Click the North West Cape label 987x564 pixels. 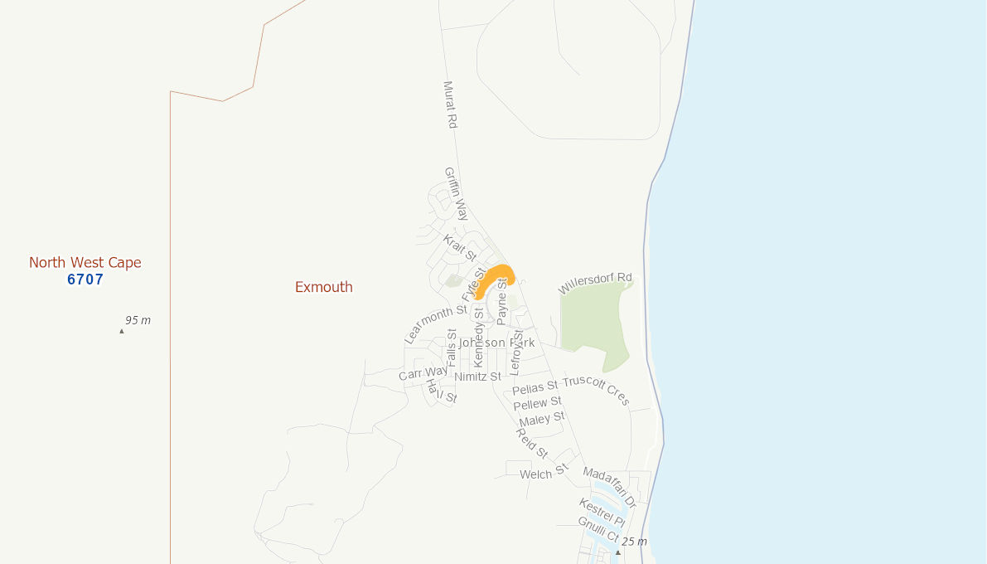pyautogui.click(x=85, y=263)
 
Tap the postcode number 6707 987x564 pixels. pyautogui.click(x=85, y=280)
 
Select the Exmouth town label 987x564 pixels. pyautogui.click(x=324, y=287)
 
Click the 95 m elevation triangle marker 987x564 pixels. pyautogui.click(x=122, y=331)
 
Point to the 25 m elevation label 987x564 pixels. pyautogui.click(x=635, y=542)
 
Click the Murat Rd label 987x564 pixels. pyautogui.click(x=450, y=105)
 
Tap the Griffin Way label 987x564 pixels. pyautogui.click(x=456, y=193)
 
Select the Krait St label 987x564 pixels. pyautogui.click(x=460, y=247)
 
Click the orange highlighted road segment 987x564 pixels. pyautogui.click(x=496, y=278)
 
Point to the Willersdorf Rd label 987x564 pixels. pyautogui.click(x=595, y=283)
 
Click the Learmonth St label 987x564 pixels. pyautogui.click(x=436, y=324)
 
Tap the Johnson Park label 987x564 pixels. pyautogui.click(x=497, y=343)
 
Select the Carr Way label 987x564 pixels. pyautogui.click(x=423, y=373)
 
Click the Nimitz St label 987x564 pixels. pyautogui.click(x=478, y=377)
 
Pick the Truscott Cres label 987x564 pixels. pyautogui.click(x=597, y=391)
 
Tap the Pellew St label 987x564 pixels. pyautogui.click(x=538, y=404)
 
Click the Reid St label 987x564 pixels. pyautogui.click(x=531, y=443)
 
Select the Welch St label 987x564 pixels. pyautogui.click(x=543, y=473)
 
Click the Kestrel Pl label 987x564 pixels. pyautogui.click(x=602, y=512)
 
